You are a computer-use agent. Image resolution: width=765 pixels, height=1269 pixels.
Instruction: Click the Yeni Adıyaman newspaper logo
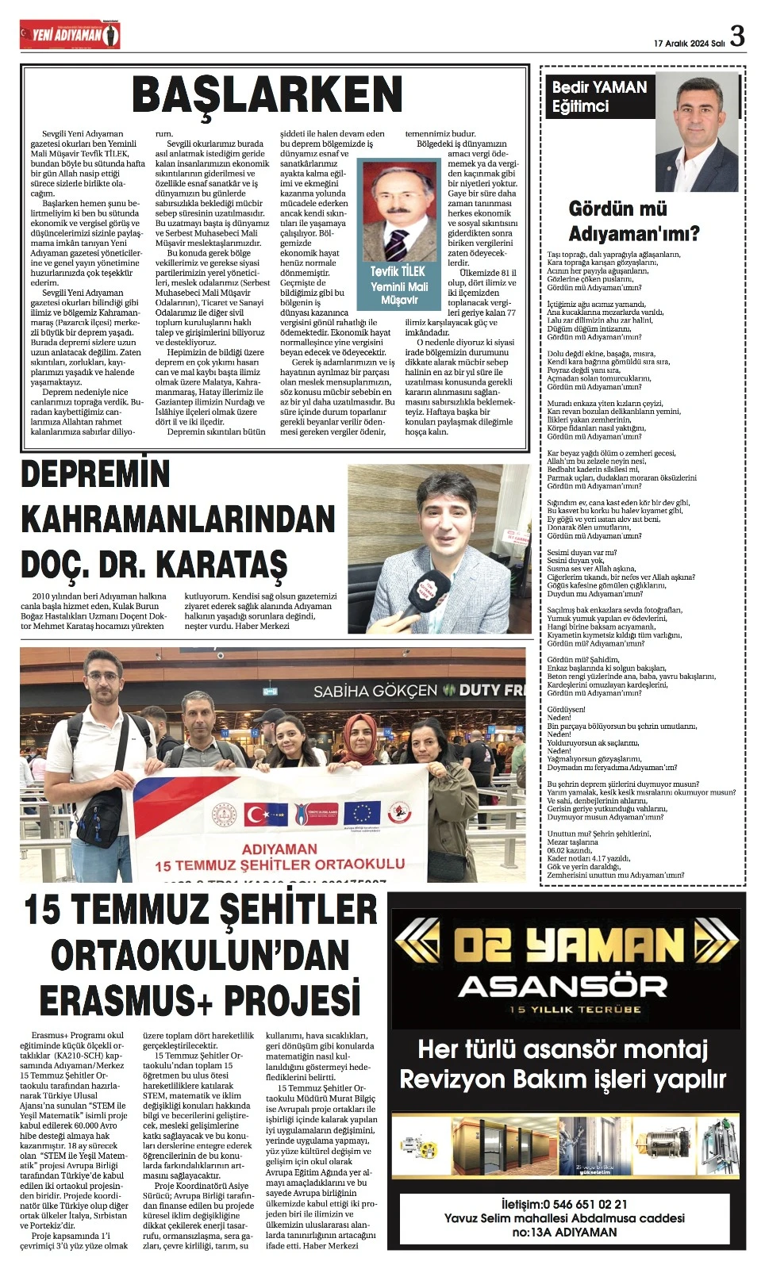[x=71, y=35]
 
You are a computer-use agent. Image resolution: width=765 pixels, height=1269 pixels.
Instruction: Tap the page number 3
[x=737, y=36]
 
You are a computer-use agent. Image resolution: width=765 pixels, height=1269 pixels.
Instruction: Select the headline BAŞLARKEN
[x=268, y=94]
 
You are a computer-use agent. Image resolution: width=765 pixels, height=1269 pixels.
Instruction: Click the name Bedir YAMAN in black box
[x=599, y=87]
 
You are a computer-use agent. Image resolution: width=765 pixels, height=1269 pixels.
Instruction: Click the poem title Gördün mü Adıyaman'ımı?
[x=633, y=221]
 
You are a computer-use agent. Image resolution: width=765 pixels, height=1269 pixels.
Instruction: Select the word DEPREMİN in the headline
[x=95, y=474]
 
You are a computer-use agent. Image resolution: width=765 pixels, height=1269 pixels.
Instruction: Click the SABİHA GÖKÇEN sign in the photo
[x=375, y=691]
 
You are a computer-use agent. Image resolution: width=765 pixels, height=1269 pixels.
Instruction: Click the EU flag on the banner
[x=362, y=812]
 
